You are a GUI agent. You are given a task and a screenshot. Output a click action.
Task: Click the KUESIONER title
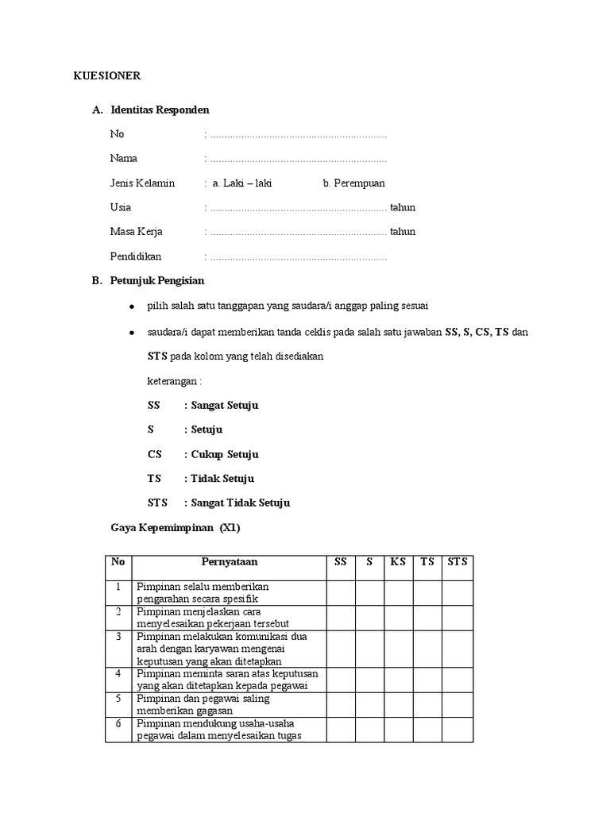click(107, 76)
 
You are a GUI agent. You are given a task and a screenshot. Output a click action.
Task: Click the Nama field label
click(123, 159)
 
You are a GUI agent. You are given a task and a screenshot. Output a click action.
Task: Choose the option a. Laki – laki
click(241, 183)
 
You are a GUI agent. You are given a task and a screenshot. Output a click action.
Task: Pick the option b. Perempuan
click(353, 183)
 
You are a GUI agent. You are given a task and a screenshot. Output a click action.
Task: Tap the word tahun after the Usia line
click(402, 208)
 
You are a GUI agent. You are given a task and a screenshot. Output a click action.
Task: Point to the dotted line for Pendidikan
click(298, 257)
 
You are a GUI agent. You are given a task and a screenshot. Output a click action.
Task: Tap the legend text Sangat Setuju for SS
click(223, 406)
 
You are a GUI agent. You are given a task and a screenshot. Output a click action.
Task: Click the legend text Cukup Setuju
click(223, 455)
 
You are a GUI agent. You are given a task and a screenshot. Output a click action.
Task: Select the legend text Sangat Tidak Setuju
click(239, 503)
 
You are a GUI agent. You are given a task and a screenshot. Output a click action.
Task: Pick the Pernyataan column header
click(229, 562)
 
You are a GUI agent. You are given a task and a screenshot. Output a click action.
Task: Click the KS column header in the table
click(398, 562)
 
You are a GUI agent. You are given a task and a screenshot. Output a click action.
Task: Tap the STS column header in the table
click(457, 562)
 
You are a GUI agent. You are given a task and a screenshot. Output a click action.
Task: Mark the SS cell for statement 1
click(340, 592)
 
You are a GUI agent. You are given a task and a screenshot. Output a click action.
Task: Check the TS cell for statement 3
click(427, 649)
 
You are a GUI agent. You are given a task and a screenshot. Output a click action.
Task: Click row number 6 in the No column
click(118, 723)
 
